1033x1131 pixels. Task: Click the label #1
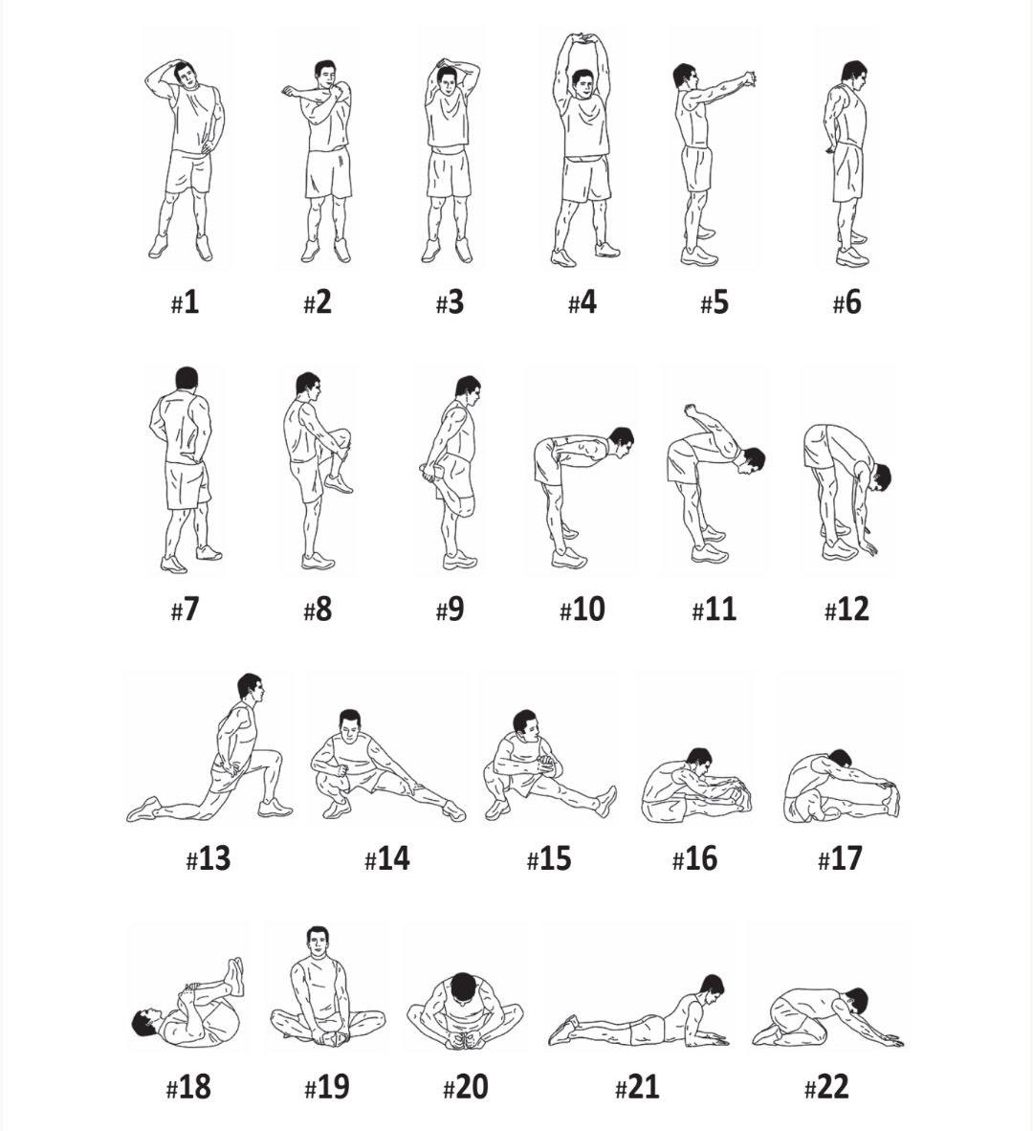(186, 302)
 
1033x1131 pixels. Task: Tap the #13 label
(209, 858)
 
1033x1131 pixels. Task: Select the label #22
(826, 1086)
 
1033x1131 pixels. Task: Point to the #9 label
(451, 610)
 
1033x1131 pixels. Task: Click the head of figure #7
(187, 380)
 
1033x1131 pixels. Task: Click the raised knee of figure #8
(341, 437)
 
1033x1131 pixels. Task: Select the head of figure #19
(317, 941)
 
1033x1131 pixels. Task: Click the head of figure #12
(880, 477)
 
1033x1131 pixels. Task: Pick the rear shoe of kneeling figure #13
(143, 809)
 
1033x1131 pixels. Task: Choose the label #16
(695, 858)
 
